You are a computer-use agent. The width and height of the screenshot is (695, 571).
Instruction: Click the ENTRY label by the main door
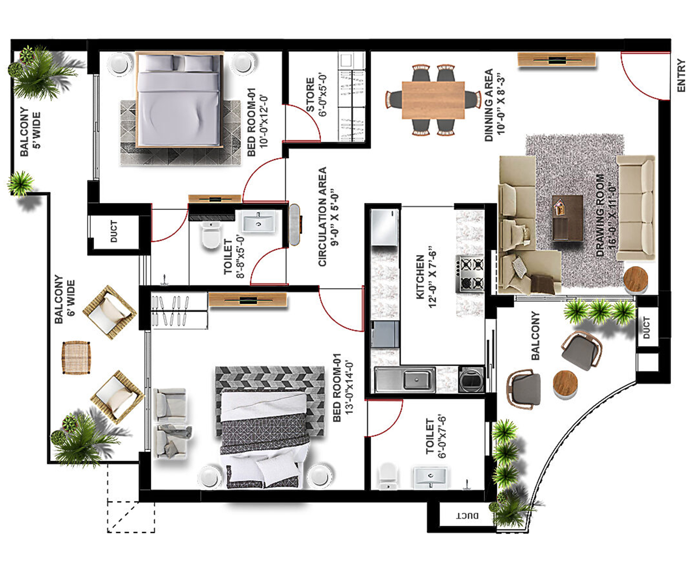[681, 76]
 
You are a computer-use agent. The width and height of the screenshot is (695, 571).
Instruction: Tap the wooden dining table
[433, 100]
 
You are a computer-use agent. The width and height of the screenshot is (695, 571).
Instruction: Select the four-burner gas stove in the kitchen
[470, 274]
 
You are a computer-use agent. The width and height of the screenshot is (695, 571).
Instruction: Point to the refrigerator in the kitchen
[384, 228]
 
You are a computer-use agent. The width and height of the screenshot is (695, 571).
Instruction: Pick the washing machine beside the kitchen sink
[471, 379]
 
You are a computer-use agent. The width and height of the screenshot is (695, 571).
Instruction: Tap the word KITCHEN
[420, 277]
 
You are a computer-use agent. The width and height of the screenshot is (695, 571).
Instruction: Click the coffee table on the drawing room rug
[567, 218]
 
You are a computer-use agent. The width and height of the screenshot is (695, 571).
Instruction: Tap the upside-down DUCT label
[467, 516]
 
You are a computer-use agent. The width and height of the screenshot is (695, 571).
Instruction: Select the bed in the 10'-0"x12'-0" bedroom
[179, 100]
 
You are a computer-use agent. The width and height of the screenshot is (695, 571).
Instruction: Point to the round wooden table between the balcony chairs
[565, 384]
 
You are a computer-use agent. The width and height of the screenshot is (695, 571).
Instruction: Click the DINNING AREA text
[489, 105]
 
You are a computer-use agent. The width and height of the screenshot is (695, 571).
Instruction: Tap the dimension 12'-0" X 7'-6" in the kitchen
[432, 277]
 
